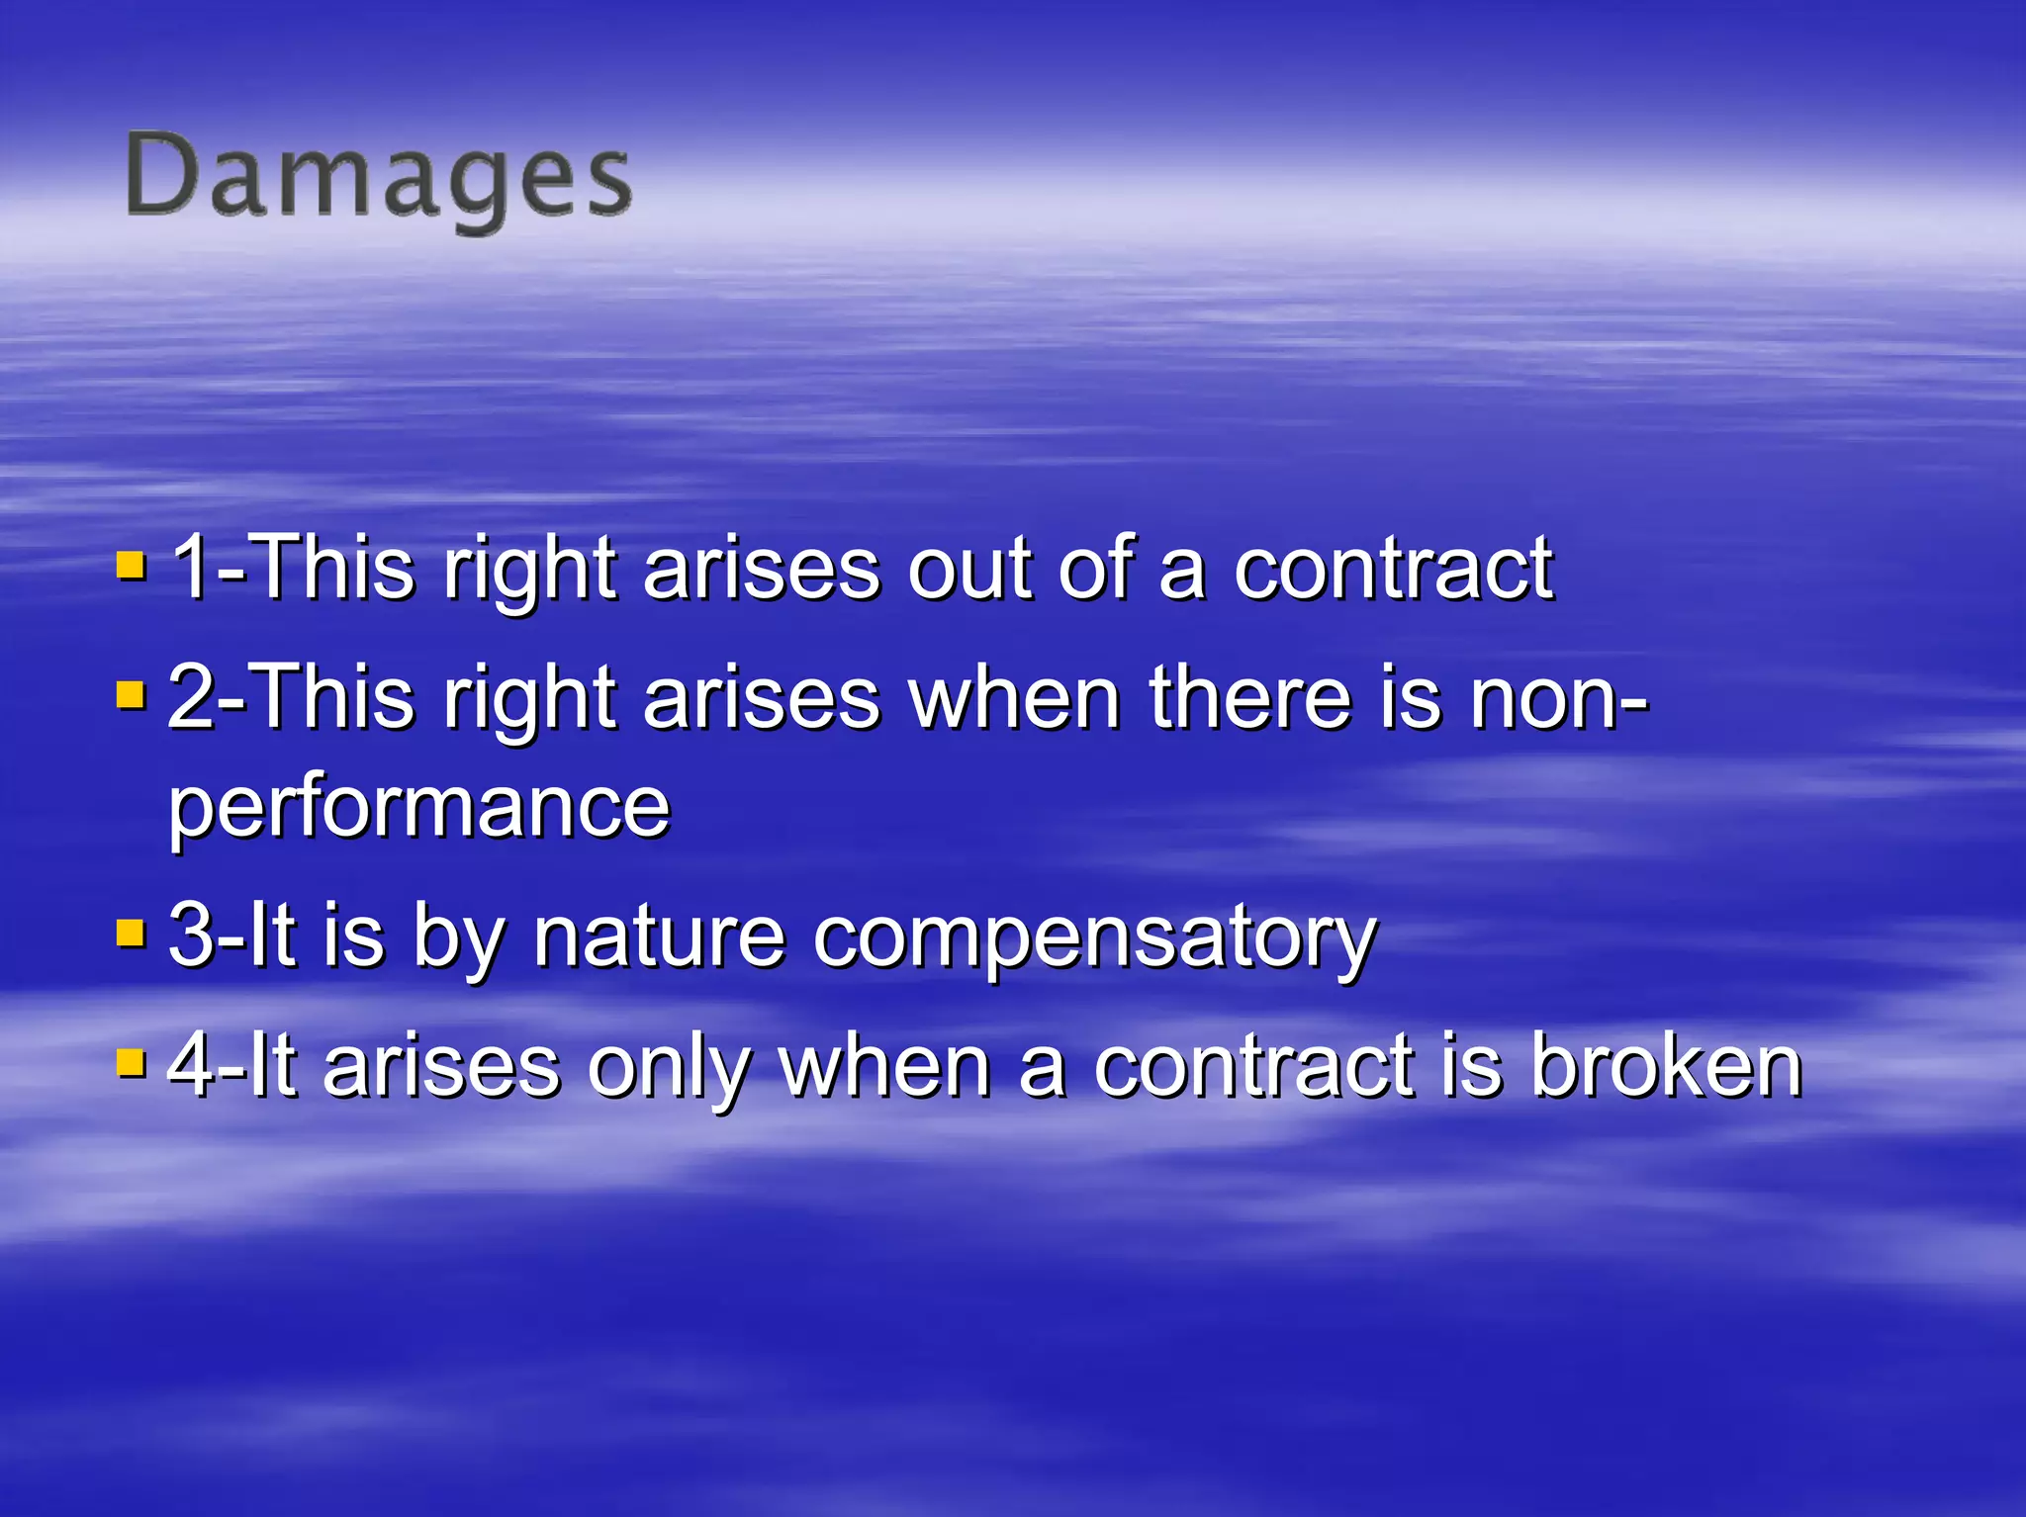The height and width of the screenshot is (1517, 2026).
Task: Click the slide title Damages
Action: [378, 179]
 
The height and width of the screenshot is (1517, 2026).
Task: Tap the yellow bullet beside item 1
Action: [131, 566]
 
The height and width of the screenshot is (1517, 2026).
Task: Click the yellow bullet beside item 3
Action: [131, 933]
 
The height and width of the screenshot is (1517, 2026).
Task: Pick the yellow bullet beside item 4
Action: [131, 1062]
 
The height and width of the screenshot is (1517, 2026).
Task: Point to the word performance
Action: [419, 807]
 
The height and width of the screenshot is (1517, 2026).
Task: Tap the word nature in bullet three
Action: [659, 936]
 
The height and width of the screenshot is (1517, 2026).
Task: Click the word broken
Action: [1666, 1066]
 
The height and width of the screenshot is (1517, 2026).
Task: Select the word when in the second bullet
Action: [1015, 698]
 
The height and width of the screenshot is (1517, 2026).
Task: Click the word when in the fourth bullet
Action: [884, 1066]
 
